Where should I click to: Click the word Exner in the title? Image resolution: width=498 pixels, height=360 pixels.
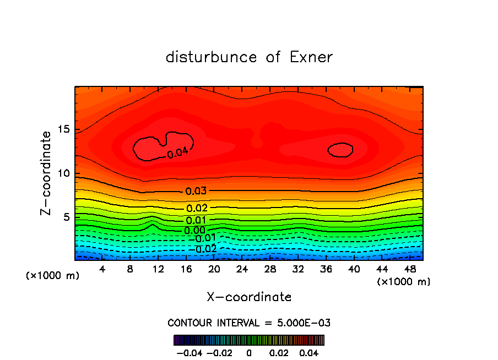pos(311,57)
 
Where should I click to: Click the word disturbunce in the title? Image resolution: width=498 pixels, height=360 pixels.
pos(212,57)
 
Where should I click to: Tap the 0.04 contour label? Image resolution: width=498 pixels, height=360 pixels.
pos(177,152)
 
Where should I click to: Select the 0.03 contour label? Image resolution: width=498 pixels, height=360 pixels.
pos(196,192)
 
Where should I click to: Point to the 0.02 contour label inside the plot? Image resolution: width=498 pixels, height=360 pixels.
pos(197,208)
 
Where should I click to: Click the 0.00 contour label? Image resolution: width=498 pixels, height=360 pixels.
pos(195,230)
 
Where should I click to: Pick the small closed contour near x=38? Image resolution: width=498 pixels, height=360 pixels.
pos(340,150)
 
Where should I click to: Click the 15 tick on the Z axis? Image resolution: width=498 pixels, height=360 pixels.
pos(63,130)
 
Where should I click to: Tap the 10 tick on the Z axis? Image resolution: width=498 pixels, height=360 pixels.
pos(63,173)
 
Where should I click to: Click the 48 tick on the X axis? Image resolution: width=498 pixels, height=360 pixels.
pos(410,270)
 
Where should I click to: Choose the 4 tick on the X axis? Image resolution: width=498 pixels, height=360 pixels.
pos(102,270)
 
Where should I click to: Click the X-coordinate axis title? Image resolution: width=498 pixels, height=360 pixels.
pos(249,297)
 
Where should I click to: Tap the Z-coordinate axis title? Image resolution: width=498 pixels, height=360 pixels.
pos(46,173)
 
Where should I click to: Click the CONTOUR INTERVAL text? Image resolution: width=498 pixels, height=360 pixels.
pos(249,323)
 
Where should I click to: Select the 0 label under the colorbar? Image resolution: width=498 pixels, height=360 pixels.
pos(249,352)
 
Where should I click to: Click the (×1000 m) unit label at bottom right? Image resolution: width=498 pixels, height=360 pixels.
pos(403,282)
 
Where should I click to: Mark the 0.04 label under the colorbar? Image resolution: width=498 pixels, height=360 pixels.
pos(308,352)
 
